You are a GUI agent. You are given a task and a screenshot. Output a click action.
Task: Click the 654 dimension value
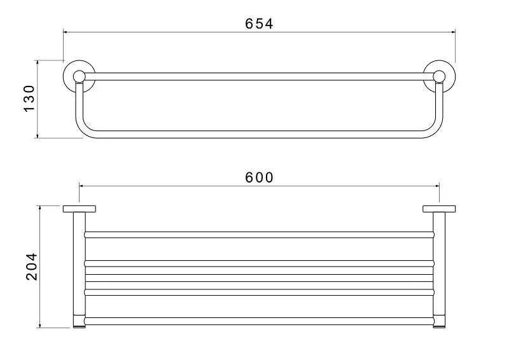click(x=259, y=24)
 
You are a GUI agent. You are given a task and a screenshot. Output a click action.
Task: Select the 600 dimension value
click(x=259, y=177)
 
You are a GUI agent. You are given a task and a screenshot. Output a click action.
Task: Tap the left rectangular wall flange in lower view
click(x=79, y=209)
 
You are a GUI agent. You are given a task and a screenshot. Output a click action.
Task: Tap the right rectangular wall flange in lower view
click(x=439, y=209)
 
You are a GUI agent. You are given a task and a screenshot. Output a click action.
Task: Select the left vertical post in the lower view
click(x=79, y=267)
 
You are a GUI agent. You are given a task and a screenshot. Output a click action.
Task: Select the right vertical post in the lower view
click(x=439, y=267)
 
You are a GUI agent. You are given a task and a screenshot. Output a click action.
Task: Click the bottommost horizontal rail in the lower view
click(x=259, y=321)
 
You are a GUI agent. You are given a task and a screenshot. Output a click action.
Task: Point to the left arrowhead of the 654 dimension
click(x=66, y=30)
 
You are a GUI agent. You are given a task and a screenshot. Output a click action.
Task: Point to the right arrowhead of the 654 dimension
click(x=454, y=30)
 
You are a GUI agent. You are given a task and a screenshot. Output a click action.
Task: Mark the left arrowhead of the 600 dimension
click(x=81, y=185)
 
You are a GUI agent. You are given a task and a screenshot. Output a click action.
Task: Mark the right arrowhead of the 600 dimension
click(x=437, y=185)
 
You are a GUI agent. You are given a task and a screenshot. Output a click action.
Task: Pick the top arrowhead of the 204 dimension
click(x=40, y=208)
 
